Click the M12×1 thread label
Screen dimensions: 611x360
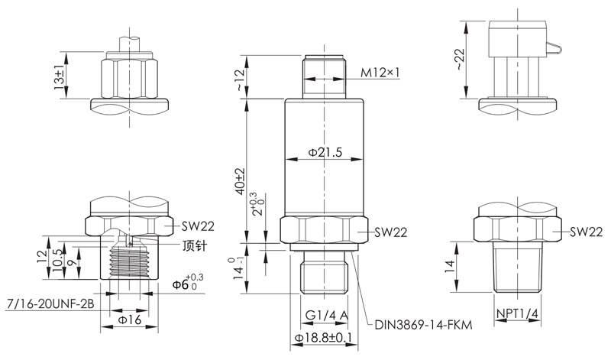(x=380, y=72)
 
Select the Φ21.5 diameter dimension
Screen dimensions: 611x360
(x=325, y=152)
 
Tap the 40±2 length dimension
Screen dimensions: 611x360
(x=240, y=181)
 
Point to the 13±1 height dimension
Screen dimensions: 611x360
(x=60, y=78)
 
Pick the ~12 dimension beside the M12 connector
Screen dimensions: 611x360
(x=240, y=80)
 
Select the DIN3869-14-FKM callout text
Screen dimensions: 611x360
(x=423, y=325)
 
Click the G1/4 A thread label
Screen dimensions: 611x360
(x=326, y=315)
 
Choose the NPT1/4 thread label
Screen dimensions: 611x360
(x=518, y=313)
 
